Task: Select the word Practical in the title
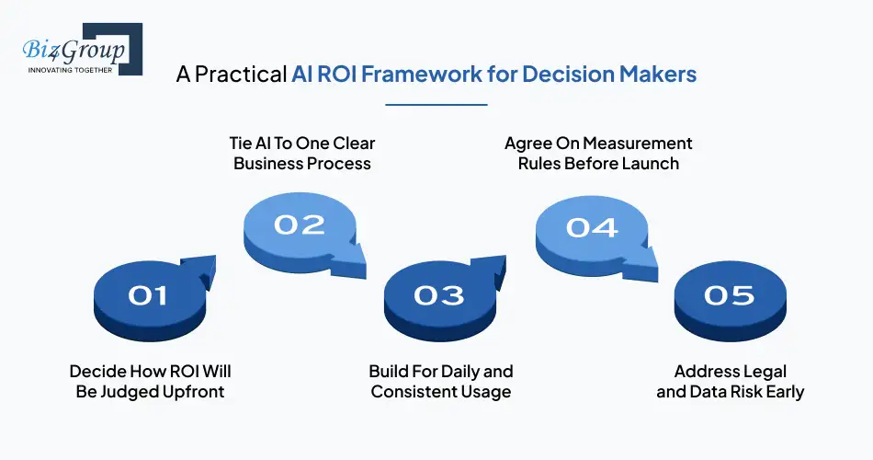pos(240,75)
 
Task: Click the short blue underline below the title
pos(436,105)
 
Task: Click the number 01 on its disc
pos(148,295)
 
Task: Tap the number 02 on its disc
pos(300,224)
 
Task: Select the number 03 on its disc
pos(438,295)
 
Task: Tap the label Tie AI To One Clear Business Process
pos(301,154)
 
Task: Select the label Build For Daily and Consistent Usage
pos(440,382)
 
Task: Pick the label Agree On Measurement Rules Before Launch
pos(598,154)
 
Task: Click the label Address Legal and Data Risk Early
pos(730,382)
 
